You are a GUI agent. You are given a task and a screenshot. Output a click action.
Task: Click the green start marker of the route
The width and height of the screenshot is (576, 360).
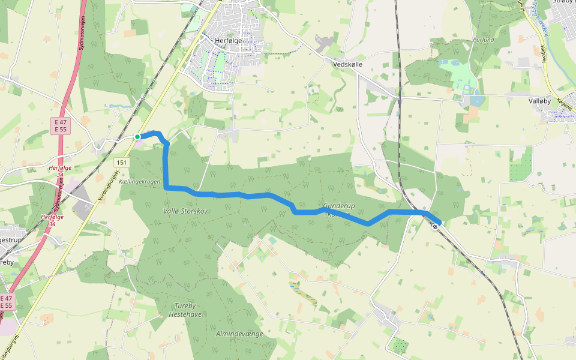pos(137,137)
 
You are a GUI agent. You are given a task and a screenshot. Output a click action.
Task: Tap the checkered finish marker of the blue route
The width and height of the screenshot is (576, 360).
pos(435,226)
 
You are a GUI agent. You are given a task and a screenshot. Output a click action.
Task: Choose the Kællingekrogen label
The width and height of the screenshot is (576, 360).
pos(140,181)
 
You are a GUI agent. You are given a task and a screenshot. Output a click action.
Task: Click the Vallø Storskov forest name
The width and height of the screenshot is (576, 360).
pos(185,211)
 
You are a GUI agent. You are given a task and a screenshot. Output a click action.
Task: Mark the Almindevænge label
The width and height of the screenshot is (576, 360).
pos(237,332)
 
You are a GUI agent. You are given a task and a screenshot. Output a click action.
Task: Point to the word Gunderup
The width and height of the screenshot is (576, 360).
pos(339,206)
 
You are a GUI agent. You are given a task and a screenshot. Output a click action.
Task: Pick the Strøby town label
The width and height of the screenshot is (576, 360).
pos(563,2)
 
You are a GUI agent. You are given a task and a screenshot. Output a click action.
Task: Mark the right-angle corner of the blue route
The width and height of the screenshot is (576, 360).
pos(166,188)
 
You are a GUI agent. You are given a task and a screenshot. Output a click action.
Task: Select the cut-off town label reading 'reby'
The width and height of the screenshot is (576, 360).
pos(7,262)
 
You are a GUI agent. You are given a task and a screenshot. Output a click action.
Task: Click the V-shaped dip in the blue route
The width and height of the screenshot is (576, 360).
pos(368,224)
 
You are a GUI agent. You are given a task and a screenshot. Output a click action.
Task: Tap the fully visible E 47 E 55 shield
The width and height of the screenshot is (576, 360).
pos(61,125)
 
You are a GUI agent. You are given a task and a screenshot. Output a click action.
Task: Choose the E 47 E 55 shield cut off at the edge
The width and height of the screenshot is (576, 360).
pos(6,301)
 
